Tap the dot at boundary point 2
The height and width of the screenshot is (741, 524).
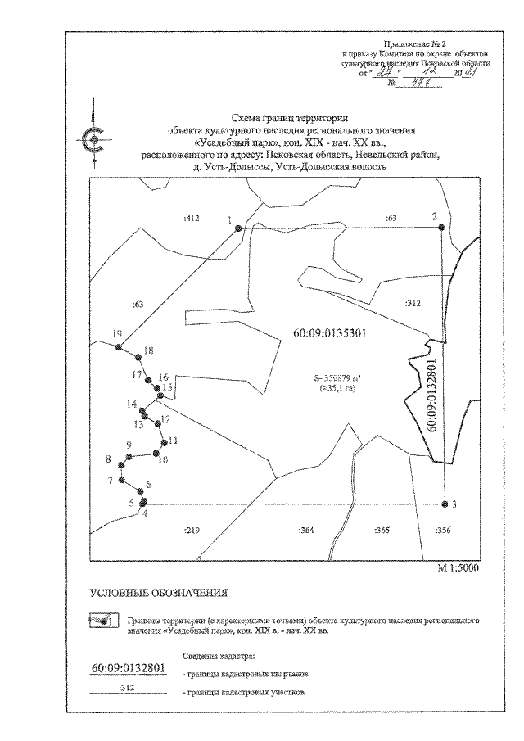(443, 228)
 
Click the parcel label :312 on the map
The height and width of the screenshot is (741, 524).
(413, 303)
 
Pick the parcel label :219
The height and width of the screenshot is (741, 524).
(193, 531)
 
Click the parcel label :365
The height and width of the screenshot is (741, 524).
(381, 531)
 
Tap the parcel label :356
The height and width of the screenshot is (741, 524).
(443, 531)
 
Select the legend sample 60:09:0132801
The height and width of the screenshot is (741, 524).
(128, 669)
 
